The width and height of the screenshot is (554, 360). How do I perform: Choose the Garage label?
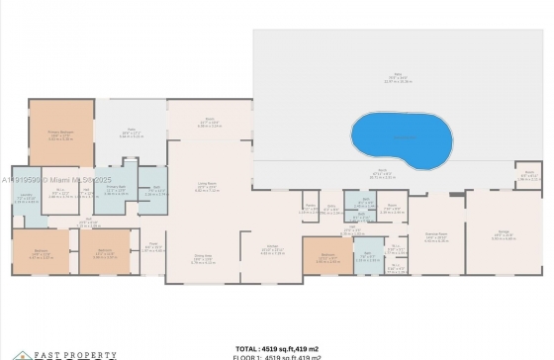(504, 236)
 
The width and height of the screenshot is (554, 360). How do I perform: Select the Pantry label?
(310, 209)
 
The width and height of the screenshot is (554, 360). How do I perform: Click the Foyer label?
(153, 248)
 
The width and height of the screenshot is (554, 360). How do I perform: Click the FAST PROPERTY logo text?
(60, 353)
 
